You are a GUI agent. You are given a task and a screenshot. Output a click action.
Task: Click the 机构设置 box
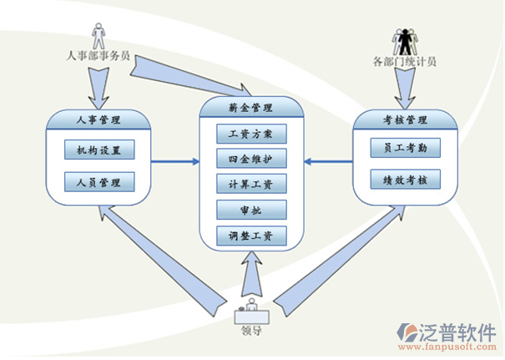tap(98, 150)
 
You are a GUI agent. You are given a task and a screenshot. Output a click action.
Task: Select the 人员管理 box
tap(98, 181)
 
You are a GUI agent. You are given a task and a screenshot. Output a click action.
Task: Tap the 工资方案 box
tap(251, 133)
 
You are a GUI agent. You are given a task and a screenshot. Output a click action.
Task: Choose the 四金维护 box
tap(251, 158)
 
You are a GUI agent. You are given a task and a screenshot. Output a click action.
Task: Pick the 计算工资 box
tap(251, 184)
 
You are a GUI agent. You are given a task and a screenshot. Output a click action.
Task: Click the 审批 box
tap(251, 209)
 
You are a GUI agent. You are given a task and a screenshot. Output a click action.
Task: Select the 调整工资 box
tap(251, 236)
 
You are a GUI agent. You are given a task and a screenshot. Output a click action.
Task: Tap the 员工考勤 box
tap(405, 149)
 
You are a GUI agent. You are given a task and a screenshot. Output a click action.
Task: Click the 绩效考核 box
tap(405, 179)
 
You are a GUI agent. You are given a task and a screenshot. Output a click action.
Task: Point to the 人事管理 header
tap(98, 120)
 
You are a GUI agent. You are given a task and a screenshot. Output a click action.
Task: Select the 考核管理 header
tap(405, 120)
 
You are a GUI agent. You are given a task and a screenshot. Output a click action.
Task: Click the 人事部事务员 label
tap(98, 56)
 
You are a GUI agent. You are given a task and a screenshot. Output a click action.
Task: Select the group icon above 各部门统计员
tap(406, 39)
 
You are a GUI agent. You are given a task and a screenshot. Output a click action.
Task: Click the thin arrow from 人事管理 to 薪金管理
tap(174, 160)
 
